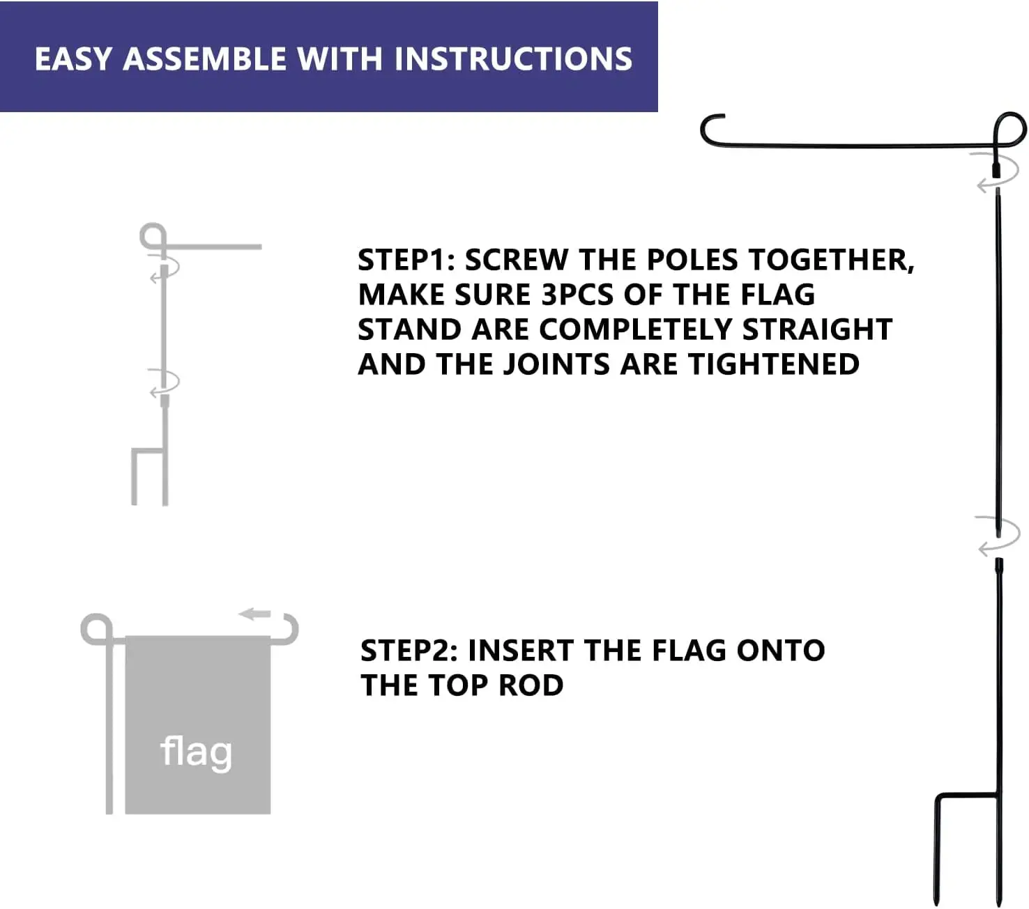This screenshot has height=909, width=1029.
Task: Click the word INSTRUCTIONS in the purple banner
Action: pyautogui.click(x=513, y=59)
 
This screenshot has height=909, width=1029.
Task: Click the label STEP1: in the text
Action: pyautogui.click(x=406, y=260)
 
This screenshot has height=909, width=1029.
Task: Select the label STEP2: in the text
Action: pyautogui.click(x=409, y=651)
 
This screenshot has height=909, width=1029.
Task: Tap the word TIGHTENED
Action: pyautogui.click(x=774, y=364)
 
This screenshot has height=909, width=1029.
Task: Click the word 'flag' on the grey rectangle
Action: pyautogui.click(x=196, y=752)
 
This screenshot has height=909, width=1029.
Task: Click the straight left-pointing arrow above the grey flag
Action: pyautogui.click(x=254, y=614)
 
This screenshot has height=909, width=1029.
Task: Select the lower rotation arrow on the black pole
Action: pyautogui.click(x=998, y=535)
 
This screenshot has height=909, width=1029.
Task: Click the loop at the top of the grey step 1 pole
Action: pyautogui.click(x=153, y=235)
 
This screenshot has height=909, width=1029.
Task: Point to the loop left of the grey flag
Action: pyautogui.click(x=96, y=628)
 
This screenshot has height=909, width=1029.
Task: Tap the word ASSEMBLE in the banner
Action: pyautogui.click(x=205, y=59)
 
